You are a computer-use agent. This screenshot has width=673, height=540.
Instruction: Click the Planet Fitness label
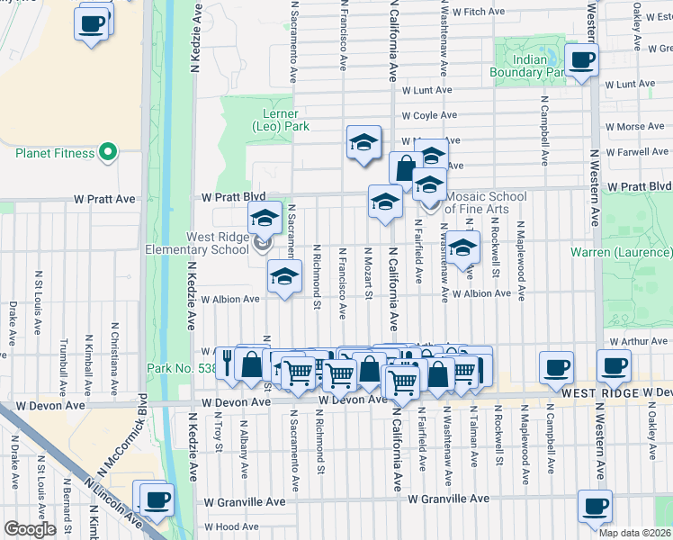[55, 153]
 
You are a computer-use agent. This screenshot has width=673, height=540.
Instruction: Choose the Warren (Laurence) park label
[621, 252]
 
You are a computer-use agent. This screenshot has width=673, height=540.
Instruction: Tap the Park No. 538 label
[179, 368]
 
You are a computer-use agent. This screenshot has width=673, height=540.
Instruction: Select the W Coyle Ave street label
[429, 115]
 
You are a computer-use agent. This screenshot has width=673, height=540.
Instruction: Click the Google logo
[30, 529]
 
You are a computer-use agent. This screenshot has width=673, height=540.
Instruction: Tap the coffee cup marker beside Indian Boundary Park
[580, 60]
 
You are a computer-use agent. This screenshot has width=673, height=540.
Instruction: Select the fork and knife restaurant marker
[228, 364]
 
